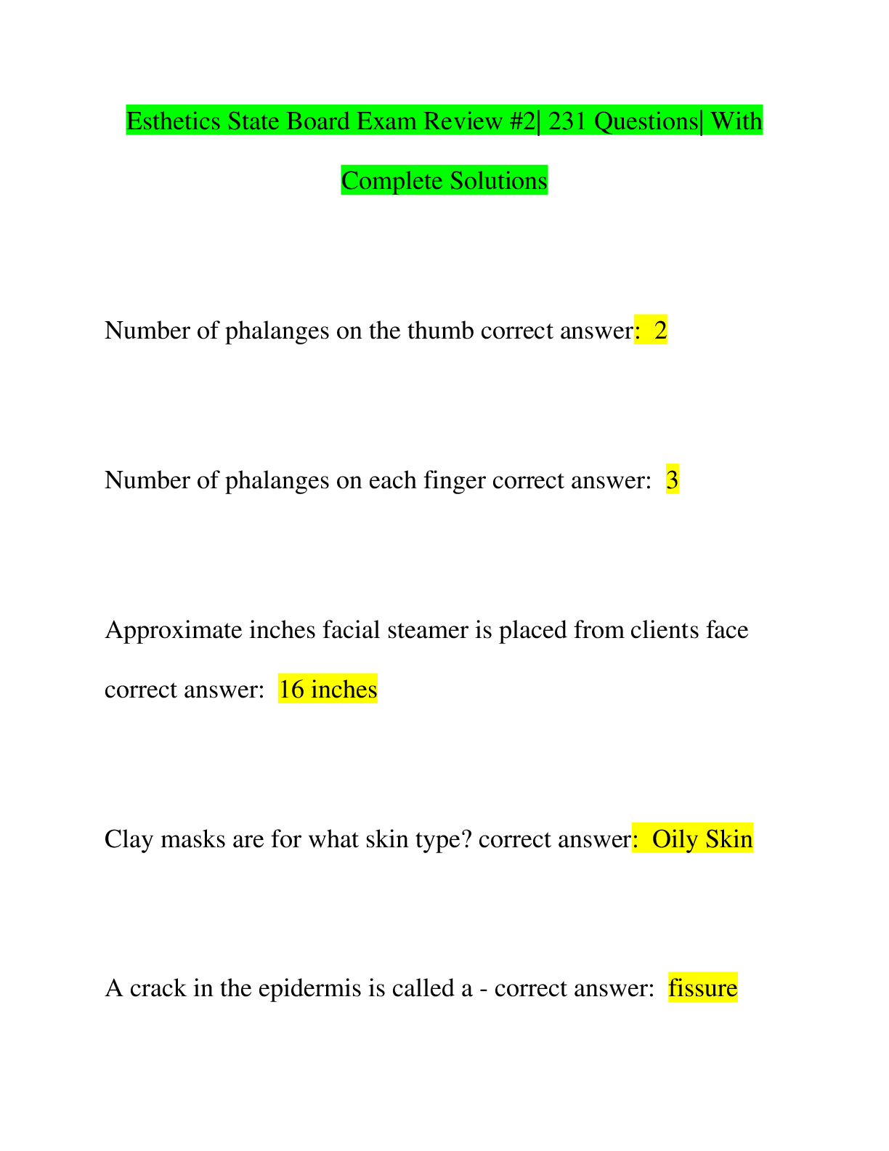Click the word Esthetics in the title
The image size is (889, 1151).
pyautogui.click(x=173, y=121)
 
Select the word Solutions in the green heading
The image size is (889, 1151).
pyautogui.click(x=499, y=181)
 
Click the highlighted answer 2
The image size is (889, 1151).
pyautogui.click(x=660, y=331)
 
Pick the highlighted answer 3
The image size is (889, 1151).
pyautogui.click(x=672, y=480)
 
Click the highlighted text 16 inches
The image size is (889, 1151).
pyautogui.click(x=328, y=689)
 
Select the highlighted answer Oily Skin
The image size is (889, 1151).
pyautogui.click(x=702, y=839)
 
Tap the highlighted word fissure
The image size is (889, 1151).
pyautogui.click(x=702, y=988)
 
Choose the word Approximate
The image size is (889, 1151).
pyautogui.click(x=174, y=630)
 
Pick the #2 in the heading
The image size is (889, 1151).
pyautogui.click(x=523, y=121)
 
